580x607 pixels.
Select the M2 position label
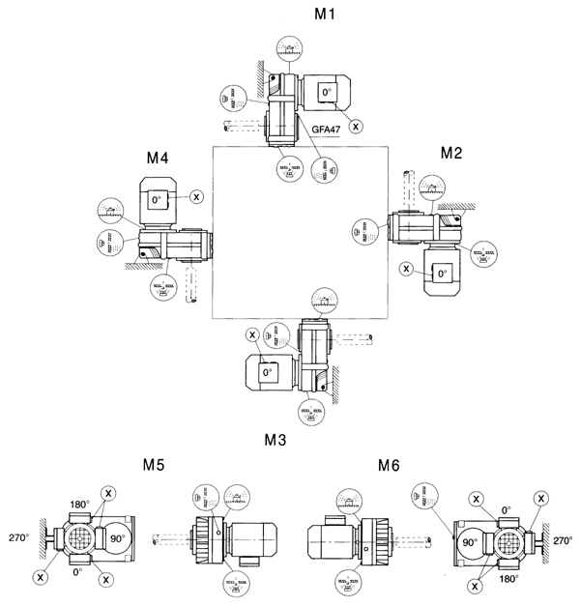point(452,152)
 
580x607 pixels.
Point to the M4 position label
point(159,158)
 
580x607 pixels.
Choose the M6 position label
point(389,465)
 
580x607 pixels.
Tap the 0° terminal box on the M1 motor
point(327,94)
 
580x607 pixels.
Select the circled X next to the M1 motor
point(357,125)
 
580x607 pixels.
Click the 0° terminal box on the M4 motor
point(157,200)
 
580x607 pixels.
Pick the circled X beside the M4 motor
point(197,196)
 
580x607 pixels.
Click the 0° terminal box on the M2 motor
point(443,274)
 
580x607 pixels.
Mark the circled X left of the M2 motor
point(407,268)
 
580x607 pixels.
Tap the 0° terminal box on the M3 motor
point(267,370)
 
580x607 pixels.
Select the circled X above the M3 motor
point(253,334)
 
